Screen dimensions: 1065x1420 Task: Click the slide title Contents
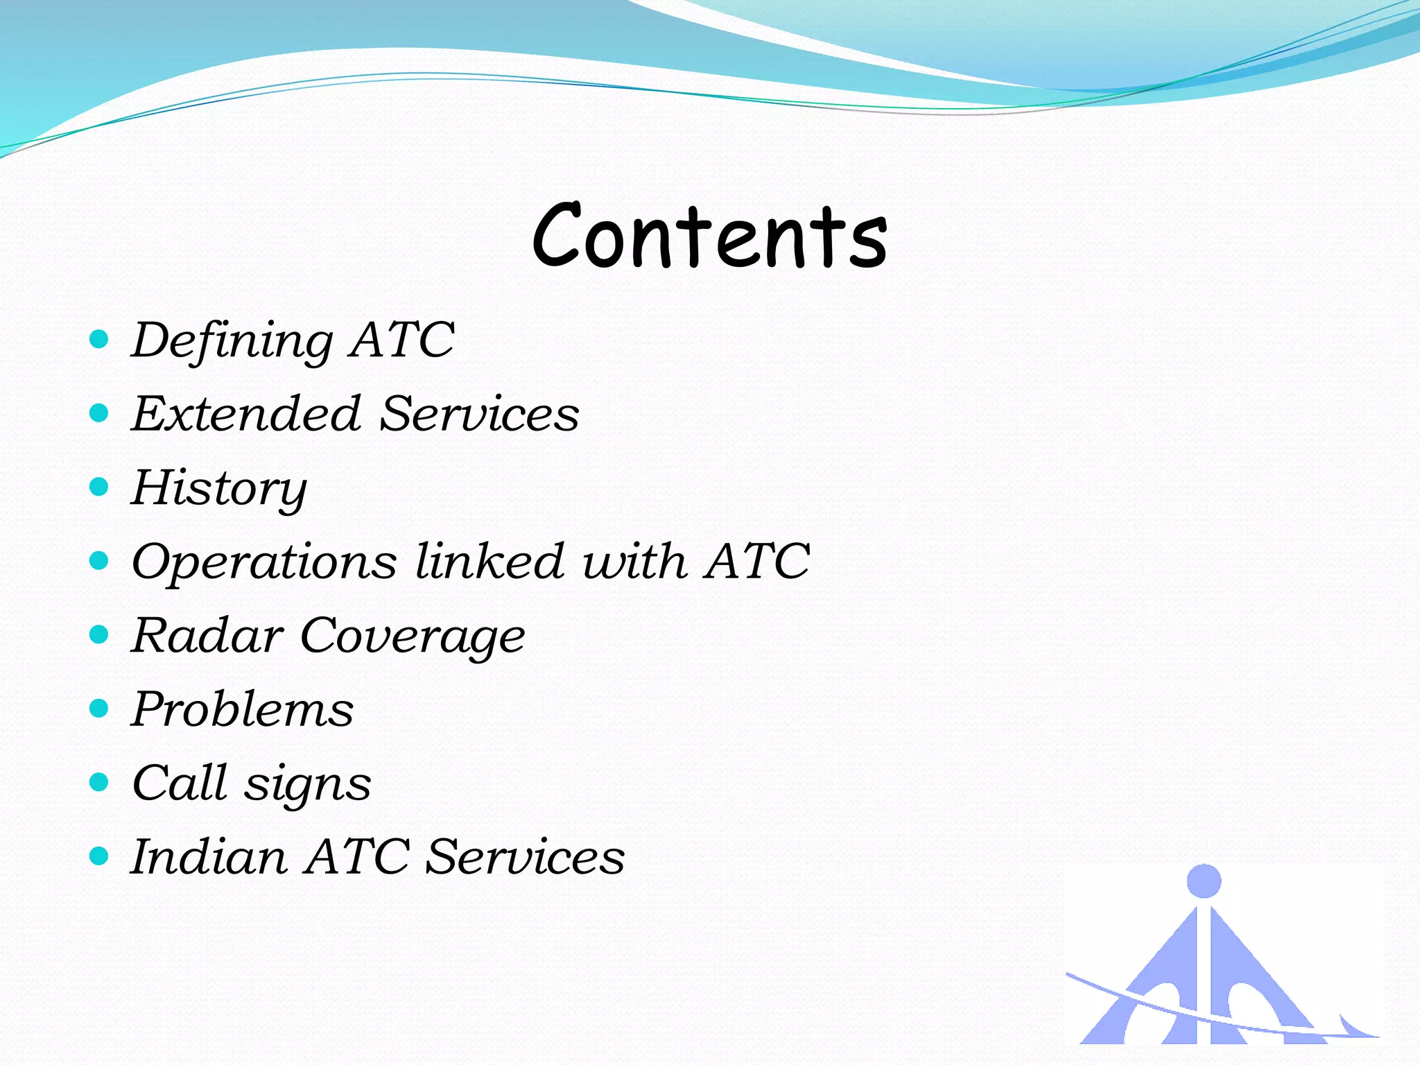pyautogui.click(x=710, y=236)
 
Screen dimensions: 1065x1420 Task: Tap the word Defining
pyautogui.click(x=232, y=341)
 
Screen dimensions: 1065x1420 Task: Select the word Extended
pyautogui.click(x=246, y=414)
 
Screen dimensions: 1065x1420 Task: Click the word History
pyautogui.click(x=219, y=489)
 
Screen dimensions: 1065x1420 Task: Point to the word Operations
pyautogui.click(x=264, y=562)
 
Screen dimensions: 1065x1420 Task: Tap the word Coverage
pyautogui.click(x=413, y=637)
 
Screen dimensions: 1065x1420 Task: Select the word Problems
pyautogui.click(x=243, y=710)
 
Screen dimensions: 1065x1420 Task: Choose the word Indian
pyautogui.click(x=209, y=857)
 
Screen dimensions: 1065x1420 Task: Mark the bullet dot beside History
pyautogui.click(x=100, y=487)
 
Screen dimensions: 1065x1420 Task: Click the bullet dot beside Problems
pyautogui.click(x=100, y=708)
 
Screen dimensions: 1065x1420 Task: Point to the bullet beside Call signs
pyautogui.click(x=100, y=782)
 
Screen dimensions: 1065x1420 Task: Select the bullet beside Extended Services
pyautogui.click(x=100, y=413)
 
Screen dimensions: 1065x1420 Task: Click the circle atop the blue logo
pyautogui.click(x=1204, y=881)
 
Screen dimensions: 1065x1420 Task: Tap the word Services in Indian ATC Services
pyautogui.click(x=525, y=857)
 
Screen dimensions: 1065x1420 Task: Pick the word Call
pyautogui.click(x=180, y=783)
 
